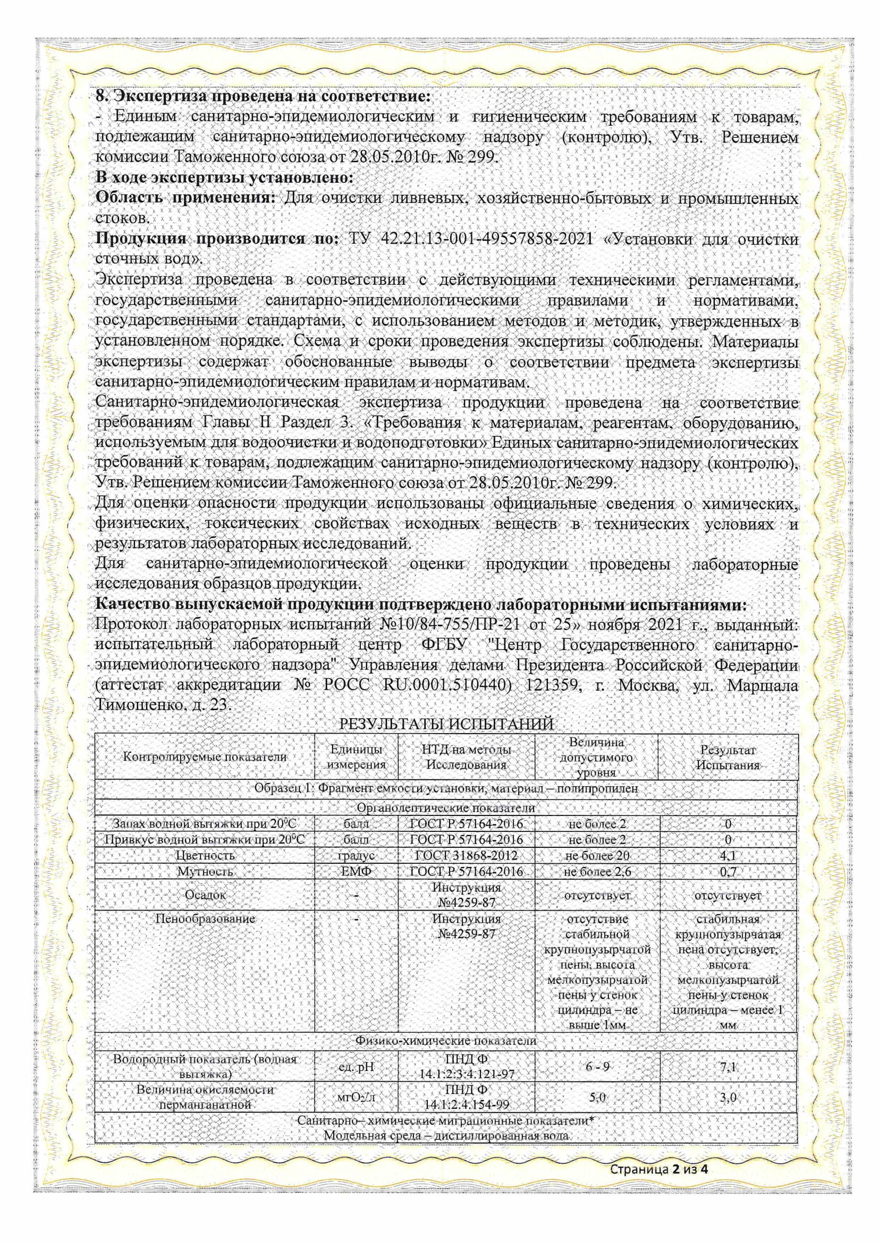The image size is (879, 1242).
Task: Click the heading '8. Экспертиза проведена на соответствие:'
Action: tap(263, 97)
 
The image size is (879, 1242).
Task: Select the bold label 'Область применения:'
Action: tap(185, 198)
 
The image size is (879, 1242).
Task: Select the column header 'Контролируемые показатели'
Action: tap(205, 757)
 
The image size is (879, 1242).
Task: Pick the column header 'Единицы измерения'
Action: tap(357, 757)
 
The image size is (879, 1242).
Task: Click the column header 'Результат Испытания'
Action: tap(728, 758)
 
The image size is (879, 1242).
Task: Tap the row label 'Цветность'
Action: tap(205, 855)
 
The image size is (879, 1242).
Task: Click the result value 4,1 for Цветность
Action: tap(728, 856)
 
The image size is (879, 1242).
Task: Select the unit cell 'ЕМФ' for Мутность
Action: tap(357, 871)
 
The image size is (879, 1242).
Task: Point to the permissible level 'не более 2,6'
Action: tap(597, 871)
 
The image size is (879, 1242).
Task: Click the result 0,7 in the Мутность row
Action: tap(728, 871)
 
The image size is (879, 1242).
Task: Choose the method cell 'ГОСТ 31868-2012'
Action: tap(466, 855)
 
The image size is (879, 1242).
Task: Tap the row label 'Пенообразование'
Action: tap(205, 918)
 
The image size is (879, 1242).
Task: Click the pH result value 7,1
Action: tap(728, 1067)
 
